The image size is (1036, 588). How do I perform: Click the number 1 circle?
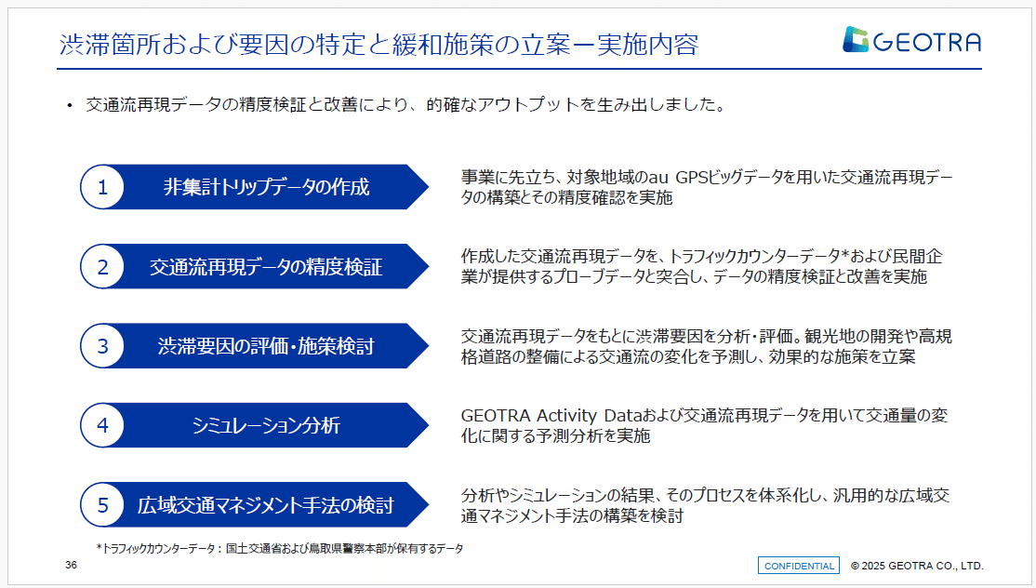click(103, 187)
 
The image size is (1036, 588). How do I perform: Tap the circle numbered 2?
click(103, 267)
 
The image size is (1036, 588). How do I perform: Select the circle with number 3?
click(103, 346)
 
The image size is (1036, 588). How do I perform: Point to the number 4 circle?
click(103, 426)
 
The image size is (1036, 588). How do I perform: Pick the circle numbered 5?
click(103, 505)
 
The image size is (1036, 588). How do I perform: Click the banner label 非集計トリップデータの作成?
click(266, 187)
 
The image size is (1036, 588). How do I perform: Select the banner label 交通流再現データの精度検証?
click(266, 267)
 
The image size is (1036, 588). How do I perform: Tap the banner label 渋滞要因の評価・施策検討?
click(266, 346)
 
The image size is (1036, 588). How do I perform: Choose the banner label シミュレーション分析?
click(266, 426)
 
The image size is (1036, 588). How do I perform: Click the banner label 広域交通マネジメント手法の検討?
click(266, 505)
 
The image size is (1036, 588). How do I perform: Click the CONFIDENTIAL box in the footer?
click(799, 566)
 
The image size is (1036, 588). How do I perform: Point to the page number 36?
click(72, 566)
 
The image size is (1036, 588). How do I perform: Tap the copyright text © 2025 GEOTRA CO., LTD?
click(917, 566)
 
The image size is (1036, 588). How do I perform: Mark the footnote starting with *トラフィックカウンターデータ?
click(279, 549)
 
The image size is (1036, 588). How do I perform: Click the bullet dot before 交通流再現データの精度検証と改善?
click(69, 106)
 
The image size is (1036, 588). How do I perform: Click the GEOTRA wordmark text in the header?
click(926, 41)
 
